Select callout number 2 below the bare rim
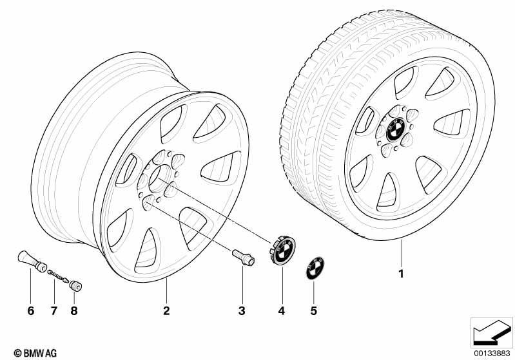(x=166, y=310)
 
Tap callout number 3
(x=242, y=310)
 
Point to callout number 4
(x=282, y=310)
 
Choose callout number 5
(x=314, y=310)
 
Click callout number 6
(x=30, y=310)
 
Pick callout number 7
(x=54, y=310)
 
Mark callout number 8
(x=74, y=310)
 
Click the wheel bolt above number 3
(x=244, y=258)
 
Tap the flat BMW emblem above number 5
(x=315, y=269)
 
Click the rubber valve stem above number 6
(x=32, y=261)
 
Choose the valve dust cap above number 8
(x=75, y=286)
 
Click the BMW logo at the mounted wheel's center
(x=395, y=129)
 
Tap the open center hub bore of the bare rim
(x=160, y=179)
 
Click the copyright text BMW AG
(x=35, y=353)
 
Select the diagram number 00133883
(x=491, y=353)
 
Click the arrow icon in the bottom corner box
(x=491, y=332)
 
